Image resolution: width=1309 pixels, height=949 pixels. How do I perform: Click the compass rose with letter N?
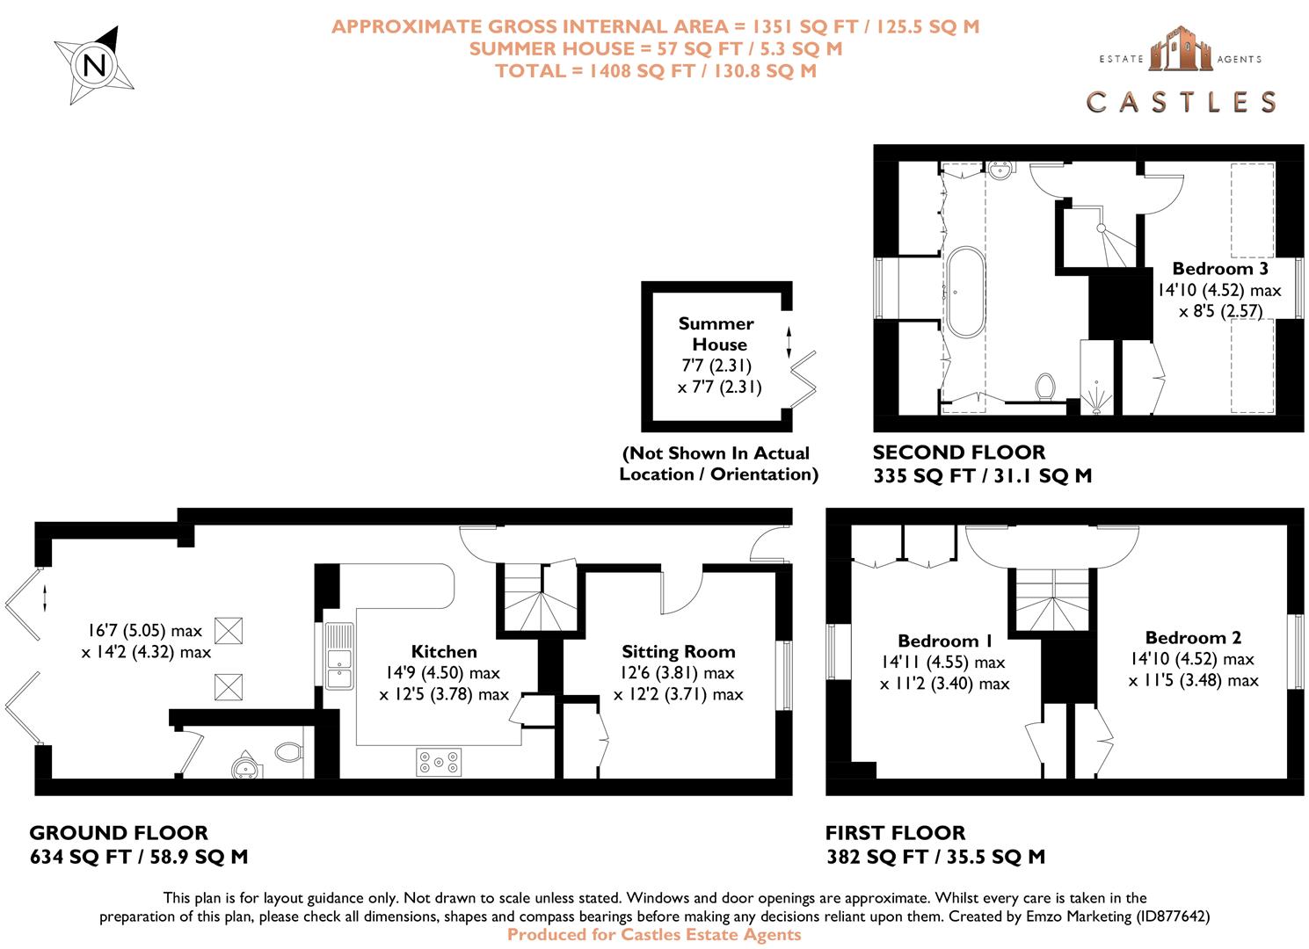coord(93,65)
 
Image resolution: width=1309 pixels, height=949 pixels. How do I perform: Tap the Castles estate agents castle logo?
coord(1181,49)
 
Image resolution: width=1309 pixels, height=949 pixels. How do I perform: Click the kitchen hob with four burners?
coord(438,762)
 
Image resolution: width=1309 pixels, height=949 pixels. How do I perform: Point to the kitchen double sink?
coord(338,656)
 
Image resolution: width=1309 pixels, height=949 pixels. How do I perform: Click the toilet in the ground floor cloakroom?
coord(287,752)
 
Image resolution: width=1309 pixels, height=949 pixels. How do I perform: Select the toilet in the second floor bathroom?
coord(1044,386)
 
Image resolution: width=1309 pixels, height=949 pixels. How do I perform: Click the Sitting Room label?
coord(678,652)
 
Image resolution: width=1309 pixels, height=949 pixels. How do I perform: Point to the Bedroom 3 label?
coord(1219,269)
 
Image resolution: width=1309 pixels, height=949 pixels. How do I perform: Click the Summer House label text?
coord(716,334)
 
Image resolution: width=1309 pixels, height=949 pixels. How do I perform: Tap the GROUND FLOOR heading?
coord(119,833)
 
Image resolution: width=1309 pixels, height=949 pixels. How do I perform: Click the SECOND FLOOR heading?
coord(958,453)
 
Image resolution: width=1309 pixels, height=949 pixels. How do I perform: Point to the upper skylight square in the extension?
coord(228,630)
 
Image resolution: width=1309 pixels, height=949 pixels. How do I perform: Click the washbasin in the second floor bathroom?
coord(1001,170)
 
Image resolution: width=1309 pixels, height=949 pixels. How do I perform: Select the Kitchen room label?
coord(444,652)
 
